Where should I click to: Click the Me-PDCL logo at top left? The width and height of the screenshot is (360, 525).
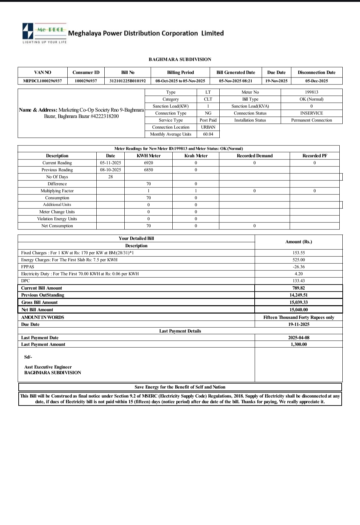click(44, 32)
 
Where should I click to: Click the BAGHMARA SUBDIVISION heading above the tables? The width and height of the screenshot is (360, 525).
click(180, 59)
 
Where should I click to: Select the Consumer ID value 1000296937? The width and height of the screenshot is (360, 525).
click(86, 81)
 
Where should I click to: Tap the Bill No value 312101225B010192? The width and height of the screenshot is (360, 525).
click(127, 81)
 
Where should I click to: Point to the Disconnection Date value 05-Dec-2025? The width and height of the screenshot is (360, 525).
click(316, 81)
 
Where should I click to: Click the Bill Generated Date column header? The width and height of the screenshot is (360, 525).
click(235, 72)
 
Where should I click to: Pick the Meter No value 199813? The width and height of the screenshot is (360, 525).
click(311, 92)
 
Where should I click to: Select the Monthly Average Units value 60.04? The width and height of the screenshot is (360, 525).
click(208, 134)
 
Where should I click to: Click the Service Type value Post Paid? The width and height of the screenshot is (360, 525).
click(208, 120)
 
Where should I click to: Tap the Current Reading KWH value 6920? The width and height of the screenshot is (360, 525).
click(148, 163)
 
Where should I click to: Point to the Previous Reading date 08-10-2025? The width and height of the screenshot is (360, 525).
click(110, 170)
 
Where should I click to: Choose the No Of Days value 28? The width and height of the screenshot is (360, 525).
click(110, 177)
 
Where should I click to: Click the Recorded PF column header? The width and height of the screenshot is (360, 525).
click(314, 156)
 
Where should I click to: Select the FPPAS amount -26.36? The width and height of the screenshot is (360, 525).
click(298, 267)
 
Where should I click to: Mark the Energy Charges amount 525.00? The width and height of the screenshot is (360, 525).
click(298, 260)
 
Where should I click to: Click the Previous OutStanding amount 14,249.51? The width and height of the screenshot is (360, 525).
click(298, 295)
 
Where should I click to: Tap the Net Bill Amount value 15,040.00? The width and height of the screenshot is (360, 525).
click(298, 310)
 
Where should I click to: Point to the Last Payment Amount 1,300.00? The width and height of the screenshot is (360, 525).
click(298, 344)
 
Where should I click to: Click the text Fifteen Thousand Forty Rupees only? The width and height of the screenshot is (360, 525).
click(298, 317)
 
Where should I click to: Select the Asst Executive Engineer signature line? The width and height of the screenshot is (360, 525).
click(48, 367)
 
